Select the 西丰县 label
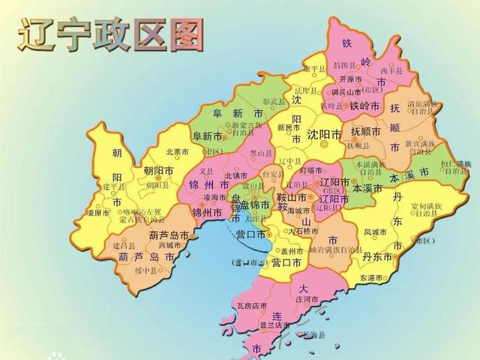pos(391,71)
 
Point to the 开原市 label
pos(351,79)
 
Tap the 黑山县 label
pos(260,151)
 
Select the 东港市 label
pos(372,277)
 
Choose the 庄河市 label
pos(310,299)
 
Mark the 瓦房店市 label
pos(251,307)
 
